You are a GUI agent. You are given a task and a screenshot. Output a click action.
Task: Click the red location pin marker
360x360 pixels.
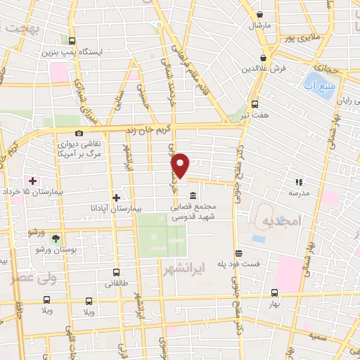tap(181, 165)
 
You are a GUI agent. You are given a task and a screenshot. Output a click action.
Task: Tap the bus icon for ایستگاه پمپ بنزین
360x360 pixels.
tap(74, 41)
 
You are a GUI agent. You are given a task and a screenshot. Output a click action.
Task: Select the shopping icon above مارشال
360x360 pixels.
tap(259, 14)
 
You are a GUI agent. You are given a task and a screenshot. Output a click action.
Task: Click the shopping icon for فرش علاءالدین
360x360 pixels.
tap(263, 58)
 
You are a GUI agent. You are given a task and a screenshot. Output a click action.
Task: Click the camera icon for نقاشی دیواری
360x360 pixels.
tap(79, 133)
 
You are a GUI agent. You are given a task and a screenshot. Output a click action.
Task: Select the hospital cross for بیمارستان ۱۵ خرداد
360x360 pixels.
tap(32, 181)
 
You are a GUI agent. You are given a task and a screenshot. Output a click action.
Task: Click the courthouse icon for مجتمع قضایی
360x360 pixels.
tap(193, 196)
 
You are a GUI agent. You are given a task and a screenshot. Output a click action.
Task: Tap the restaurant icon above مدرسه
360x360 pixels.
tap(299, 181)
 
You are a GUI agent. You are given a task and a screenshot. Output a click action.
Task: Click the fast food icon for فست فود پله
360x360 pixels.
tap(238, 253)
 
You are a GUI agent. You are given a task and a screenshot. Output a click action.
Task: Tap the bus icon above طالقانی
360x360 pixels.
tap(116, 272)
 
